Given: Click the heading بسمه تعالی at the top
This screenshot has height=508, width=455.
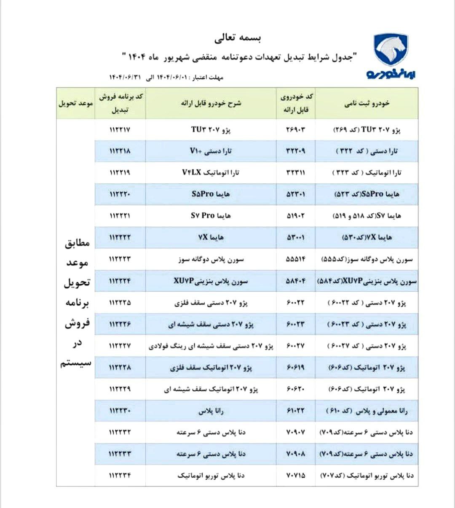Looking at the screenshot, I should click(238, 39).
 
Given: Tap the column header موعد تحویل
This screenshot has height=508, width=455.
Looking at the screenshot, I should click(76, 103).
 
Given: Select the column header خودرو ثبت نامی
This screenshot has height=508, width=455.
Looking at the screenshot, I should click(367, 103).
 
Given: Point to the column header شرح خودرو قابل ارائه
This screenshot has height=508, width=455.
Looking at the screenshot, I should click(211, 103).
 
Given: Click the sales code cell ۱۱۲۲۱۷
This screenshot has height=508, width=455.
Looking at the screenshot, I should click(120, 129).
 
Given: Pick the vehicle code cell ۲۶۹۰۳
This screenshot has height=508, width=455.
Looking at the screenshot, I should click(295, 129).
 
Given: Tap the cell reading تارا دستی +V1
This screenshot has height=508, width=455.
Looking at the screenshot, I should click(211, 151).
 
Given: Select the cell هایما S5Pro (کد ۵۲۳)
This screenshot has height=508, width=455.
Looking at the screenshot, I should click(367, 194).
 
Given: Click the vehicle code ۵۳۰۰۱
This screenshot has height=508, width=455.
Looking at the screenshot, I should click(295, 237).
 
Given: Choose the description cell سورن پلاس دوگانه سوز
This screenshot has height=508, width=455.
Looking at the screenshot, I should click(211, 259).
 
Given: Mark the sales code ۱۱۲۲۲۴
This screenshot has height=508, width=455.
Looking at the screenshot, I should click(120, 281).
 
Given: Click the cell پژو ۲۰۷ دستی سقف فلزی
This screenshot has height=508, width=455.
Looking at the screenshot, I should click(211, 303).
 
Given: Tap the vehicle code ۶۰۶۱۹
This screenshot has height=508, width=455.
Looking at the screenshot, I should click(295, 368).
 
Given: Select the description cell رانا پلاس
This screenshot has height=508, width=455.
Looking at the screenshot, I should click(211, 411).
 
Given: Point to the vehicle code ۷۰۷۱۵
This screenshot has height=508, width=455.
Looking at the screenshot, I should click(295, 476).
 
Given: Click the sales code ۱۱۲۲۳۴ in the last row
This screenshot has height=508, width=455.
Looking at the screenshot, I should click(120, 476).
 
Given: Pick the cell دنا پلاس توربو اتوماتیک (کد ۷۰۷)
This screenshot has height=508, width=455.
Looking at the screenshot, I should click(367, 476).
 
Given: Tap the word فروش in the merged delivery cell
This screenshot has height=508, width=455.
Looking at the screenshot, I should click(77, 324).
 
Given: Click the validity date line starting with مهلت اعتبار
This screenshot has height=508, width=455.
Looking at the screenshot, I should click(166, 78).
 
